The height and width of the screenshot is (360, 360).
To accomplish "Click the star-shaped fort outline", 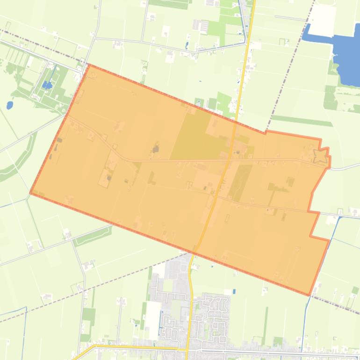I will point(320,156).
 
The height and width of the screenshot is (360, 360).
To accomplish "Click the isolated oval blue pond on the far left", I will point(10,105).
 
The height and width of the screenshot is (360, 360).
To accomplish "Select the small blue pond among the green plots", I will point(47,85).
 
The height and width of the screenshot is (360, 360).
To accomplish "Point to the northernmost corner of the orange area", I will point(88,66).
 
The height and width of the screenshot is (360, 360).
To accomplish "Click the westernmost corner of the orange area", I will point(30,193).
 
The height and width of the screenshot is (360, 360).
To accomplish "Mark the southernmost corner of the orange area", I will point(309,295).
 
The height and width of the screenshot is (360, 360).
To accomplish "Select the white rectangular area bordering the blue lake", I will point(322,19).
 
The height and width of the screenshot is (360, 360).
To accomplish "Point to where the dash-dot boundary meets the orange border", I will point(266,133).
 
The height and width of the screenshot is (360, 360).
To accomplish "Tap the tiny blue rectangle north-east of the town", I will point(234,291).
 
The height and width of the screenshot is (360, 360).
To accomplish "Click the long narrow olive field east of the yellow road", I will point(240,182).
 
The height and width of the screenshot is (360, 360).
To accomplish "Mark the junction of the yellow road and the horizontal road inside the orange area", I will point(229,160).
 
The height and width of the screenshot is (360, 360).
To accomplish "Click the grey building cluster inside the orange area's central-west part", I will point(155,150).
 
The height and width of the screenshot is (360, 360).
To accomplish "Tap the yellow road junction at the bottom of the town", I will point(186,349).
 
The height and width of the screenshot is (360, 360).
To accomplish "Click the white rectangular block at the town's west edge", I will point(152,320).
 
